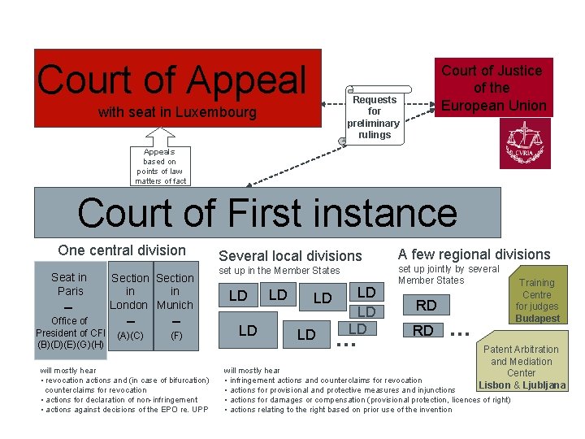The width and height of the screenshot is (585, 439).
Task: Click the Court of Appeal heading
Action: (172, 80)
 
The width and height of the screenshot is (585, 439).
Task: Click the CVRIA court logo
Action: (524, 145)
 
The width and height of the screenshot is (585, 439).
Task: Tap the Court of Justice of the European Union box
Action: (492, 88)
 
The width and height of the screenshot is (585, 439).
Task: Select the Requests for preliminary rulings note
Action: (374, 117)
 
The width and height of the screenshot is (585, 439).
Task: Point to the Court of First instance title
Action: (267, 213)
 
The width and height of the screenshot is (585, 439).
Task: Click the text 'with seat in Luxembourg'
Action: (177, 112)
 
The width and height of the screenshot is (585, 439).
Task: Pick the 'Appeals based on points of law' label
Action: (159, 166)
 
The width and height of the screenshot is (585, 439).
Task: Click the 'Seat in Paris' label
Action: (70, 284)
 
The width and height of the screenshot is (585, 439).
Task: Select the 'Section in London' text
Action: (129, 291)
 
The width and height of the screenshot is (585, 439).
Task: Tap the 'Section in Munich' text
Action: (175, 291)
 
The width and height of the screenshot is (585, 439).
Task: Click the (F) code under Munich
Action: (175, 335)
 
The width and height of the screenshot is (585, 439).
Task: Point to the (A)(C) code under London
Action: (130, 335)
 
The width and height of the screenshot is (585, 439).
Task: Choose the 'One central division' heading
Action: (122, 250)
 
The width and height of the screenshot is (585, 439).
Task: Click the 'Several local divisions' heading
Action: (290, 256)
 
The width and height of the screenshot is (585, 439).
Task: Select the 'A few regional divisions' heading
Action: (474, 254)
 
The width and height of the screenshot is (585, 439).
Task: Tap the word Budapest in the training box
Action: (537, 319)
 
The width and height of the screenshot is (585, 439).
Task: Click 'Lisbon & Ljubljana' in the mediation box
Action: (522, 385)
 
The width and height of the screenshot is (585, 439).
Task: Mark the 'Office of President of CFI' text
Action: (70, 327)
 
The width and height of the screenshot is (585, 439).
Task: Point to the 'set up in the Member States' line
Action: (279, 271)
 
